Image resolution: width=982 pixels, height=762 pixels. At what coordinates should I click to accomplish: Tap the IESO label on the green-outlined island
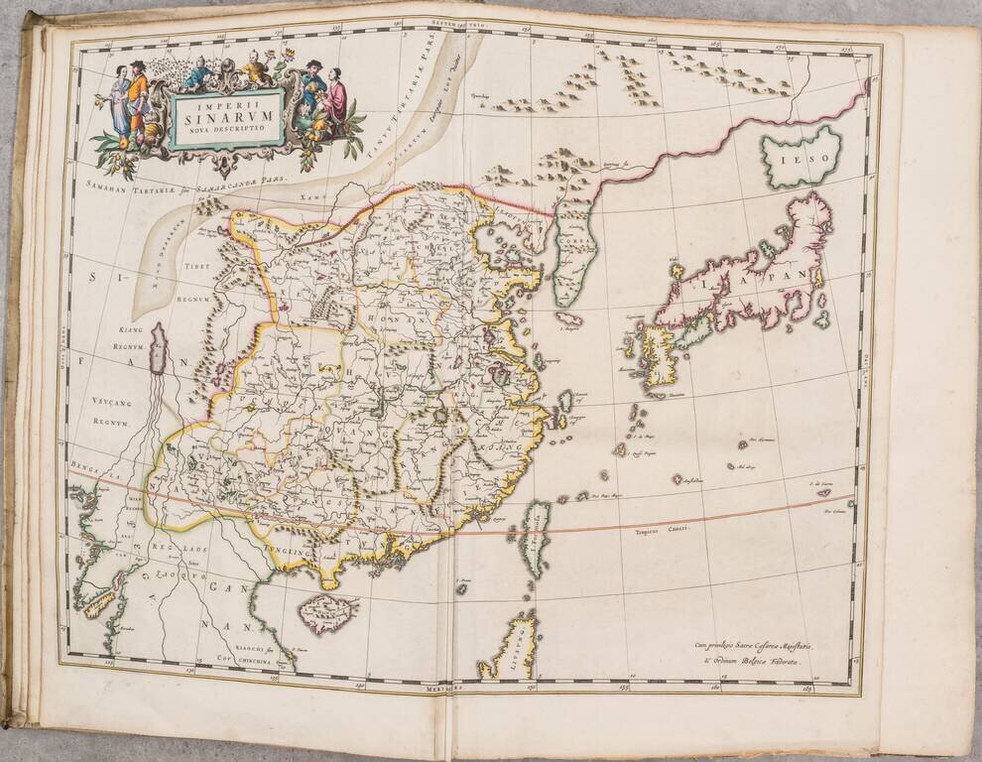coord(800,158)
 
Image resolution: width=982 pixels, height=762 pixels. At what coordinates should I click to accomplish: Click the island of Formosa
coord(535,540)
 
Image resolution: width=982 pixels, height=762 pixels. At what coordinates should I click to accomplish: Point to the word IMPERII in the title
coord(227,104)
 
